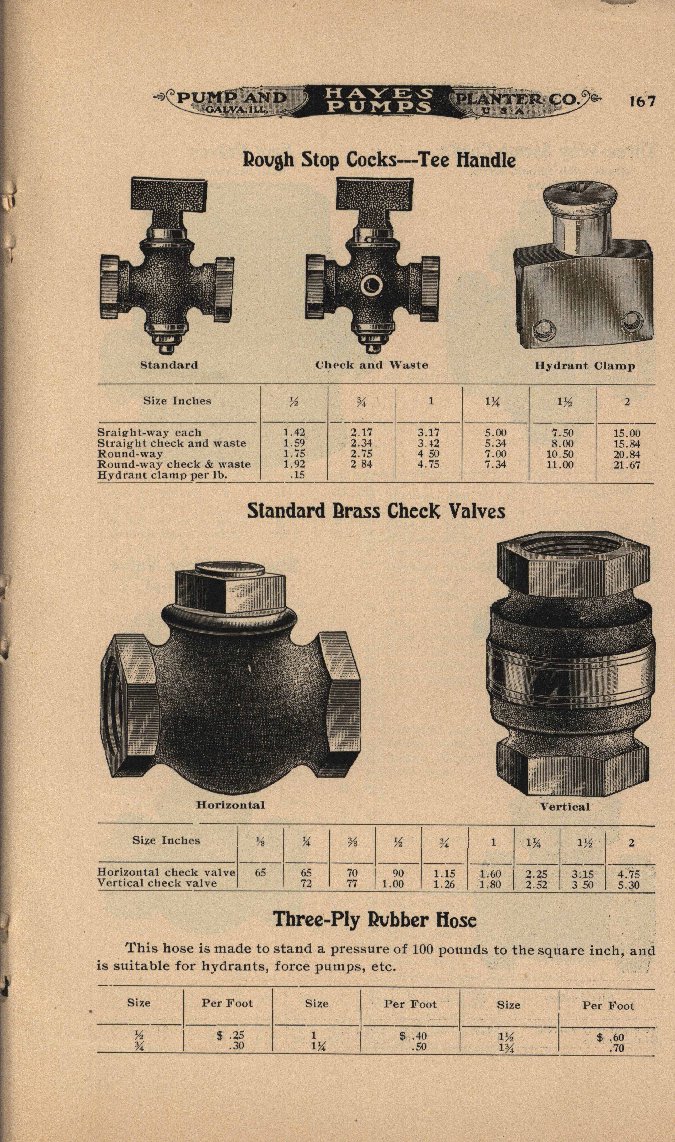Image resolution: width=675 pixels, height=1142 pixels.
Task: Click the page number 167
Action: (x=642, y=101)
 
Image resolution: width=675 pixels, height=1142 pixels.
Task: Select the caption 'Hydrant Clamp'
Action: (x=585, y=366)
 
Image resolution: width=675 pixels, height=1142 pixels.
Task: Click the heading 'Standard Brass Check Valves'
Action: (x=376, y=511)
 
